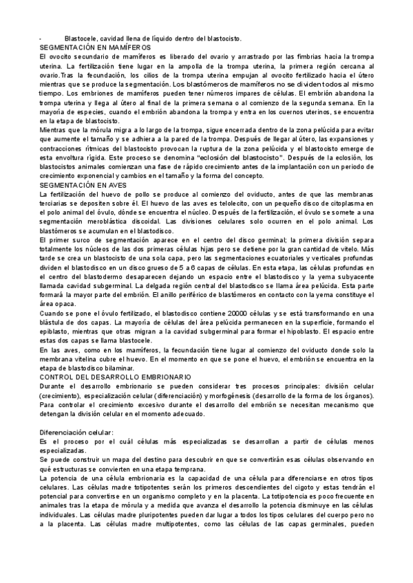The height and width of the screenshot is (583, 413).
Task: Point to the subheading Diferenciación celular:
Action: coord(74,431)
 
